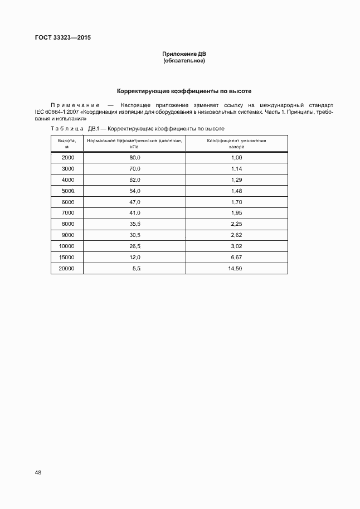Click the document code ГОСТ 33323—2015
click(x=62, y=38)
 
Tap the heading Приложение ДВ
click(x=184, y=54)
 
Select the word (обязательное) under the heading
click(x=184, y=61)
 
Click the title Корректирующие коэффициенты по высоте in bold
click(x=184, y=91)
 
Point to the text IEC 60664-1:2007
click(x=58, y=112)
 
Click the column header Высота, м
click(x=67, y=143)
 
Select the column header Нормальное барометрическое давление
click(x=134, y=143)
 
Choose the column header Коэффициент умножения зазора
click(x=236, y=143)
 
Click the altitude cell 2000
click(x=67, y=157)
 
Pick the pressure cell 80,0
click(x=134, y=157)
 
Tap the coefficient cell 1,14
click(x=236, y=168)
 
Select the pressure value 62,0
click(x=134, y=180)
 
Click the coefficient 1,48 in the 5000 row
click(x=236, y=191)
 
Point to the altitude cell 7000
click(x=67, y=213)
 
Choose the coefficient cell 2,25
click(x=236, y=224)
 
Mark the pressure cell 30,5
click(x=134, y=235)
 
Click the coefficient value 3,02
click(x=236, y=246)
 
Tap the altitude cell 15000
click(x=67, y=258)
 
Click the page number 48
click(x=38, y=472)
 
